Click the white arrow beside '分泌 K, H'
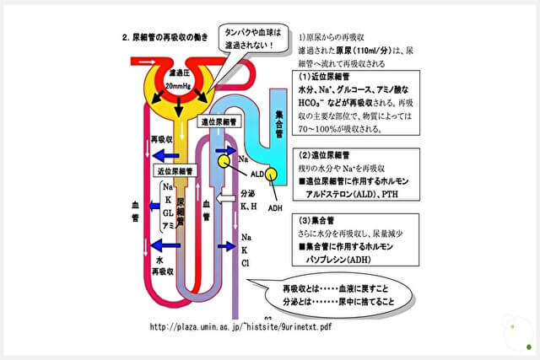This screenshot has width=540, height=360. point(226,199)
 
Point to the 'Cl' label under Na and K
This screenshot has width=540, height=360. point(246,264)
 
